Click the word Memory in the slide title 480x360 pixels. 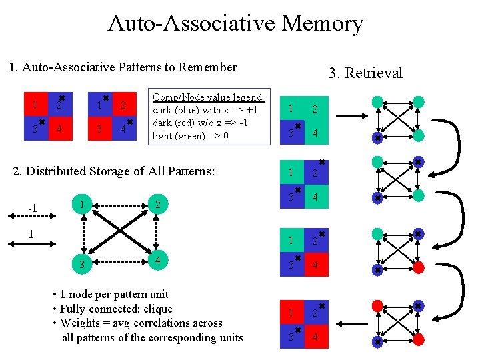click(322, 23)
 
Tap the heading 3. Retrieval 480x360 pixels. click(365, 73)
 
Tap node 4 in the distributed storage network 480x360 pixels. click(157, 261)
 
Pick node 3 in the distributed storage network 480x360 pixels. click(81, 265)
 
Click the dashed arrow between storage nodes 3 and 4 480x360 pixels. click(118, 264)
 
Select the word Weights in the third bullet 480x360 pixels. click(81, 323)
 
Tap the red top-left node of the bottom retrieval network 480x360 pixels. click(377, 305)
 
